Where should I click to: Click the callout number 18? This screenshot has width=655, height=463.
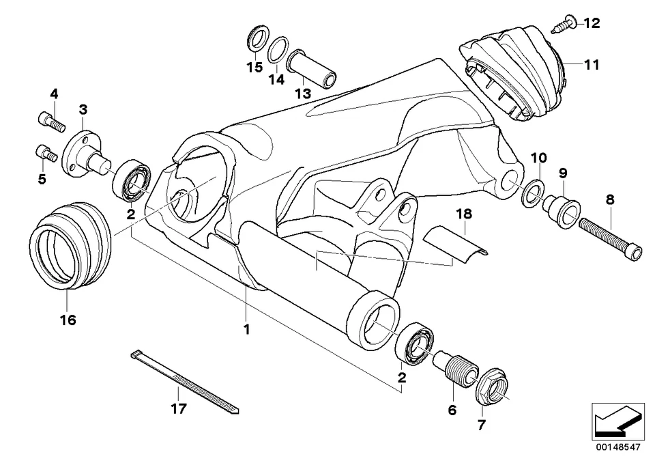pos(464,214)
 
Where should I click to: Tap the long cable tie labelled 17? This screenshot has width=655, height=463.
pos(185,382)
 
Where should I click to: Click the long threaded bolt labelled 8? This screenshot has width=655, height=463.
pos(609,238)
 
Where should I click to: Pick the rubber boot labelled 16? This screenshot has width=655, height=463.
pos(71,246)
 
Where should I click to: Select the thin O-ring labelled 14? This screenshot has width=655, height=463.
pos(278,50)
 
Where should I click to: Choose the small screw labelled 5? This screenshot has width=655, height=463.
pos(44,153)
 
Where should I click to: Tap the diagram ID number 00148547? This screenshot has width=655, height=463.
pos(618,447)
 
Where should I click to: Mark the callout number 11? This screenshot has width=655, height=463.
pos(591,65)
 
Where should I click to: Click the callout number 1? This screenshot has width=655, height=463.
pos(246,329)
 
